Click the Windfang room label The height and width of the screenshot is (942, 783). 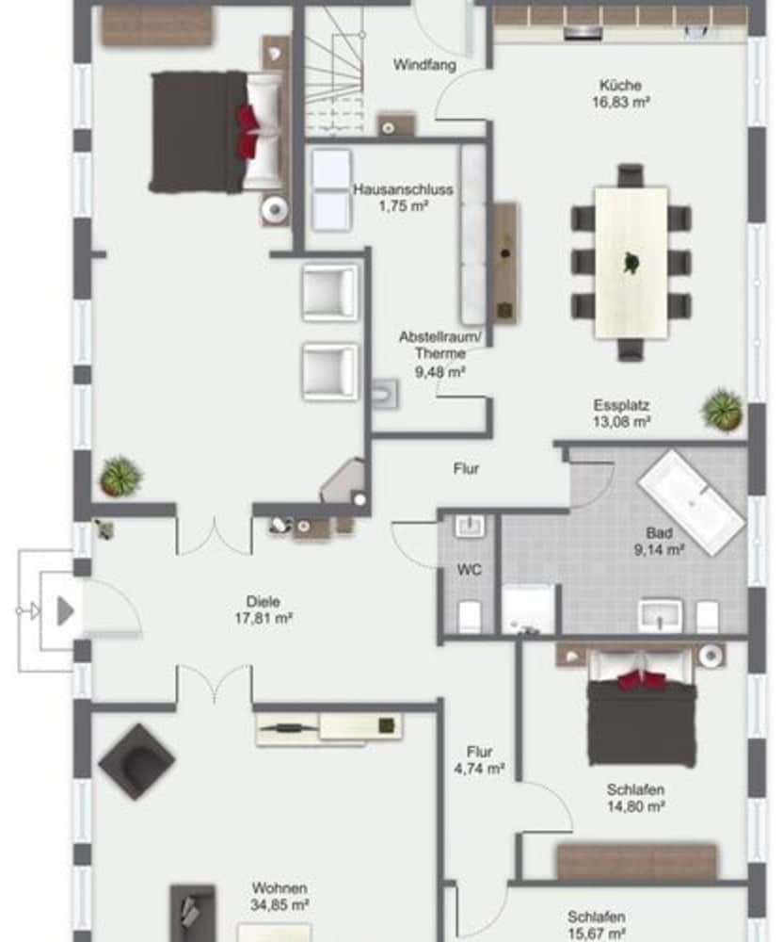pos(424,64)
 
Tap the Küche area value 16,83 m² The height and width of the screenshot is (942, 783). pos(620,102)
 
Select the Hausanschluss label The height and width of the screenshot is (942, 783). pos(403,189)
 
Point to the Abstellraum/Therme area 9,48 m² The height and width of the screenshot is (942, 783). pos(440,372)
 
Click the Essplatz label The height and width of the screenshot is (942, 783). pos(621,405)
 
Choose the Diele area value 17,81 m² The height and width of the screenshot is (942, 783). pos(264,618)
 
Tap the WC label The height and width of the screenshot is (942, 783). pos(470,570)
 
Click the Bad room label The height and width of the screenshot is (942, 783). pos(659,533)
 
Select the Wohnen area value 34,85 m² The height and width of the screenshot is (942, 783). pos(280,904)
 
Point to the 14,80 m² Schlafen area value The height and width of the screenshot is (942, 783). pos(635,806)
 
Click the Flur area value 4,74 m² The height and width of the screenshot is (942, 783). pos(479,769)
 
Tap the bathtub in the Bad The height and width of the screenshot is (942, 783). pos(692,502)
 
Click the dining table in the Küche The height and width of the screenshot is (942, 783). pos(631,263)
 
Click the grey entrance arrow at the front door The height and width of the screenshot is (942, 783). pos(65,611)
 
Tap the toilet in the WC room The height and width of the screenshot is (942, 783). pos(470,615)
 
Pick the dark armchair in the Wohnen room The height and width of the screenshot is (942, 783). pos(136,761)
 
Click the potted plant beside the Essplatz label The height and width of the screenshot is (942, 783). pos(723,411)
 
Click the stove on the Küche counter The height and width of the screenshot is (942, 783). pos(583,33)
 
